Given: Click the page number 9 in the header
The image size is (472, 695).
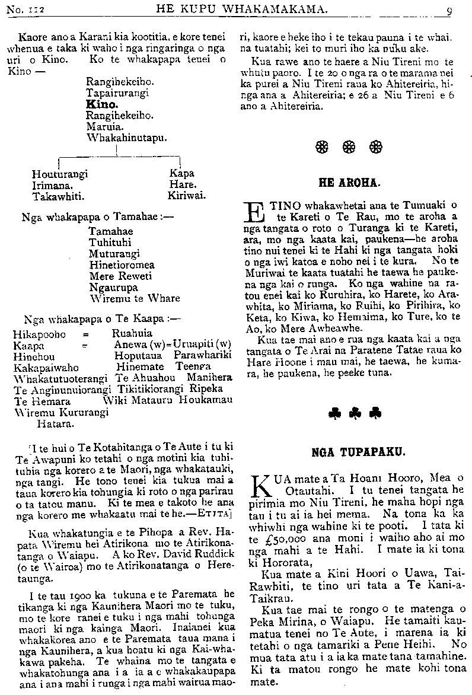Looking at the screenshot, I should click(x=449, y=9).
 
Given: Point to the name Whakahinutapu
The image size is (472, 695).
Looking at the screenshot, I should click(x=126, y=137).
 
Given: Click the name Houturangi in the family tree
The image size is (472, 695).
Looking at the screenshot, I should click(x=60, y=174).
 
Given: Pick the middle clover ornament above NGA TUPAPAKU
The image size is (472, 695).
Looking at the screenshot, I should click(x=355, y=413).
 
